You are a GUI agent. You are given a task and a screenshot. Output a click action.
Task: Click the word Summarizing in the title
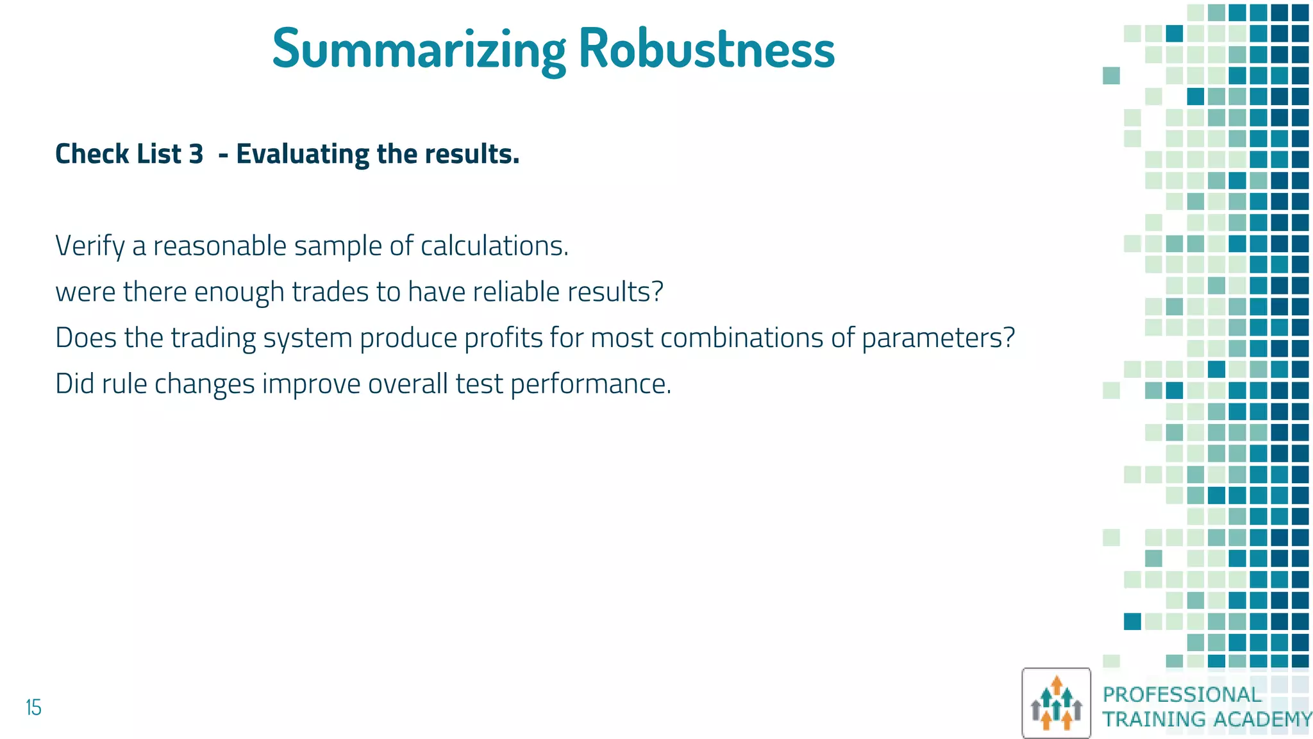(x=419, y=49)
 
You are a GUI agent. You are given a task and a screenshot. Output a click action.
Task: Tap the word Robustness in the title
(x=707, y=49)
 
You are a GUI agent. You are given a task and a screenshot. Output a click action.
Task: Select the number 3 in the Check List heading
(x=196, y=154)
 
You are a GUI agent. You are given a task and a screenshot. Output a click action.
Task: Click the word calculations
(x=494, y=246)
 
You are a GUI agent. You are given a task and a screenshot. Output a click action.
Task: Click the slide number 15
(x=33, y=708)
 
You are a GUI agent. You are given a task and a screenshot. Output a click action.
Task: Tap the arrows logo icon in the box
(x=1056, y=703)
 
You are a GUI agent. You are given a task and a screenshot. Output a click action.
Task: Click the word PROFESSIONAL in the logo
(x=1182, y=694)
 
